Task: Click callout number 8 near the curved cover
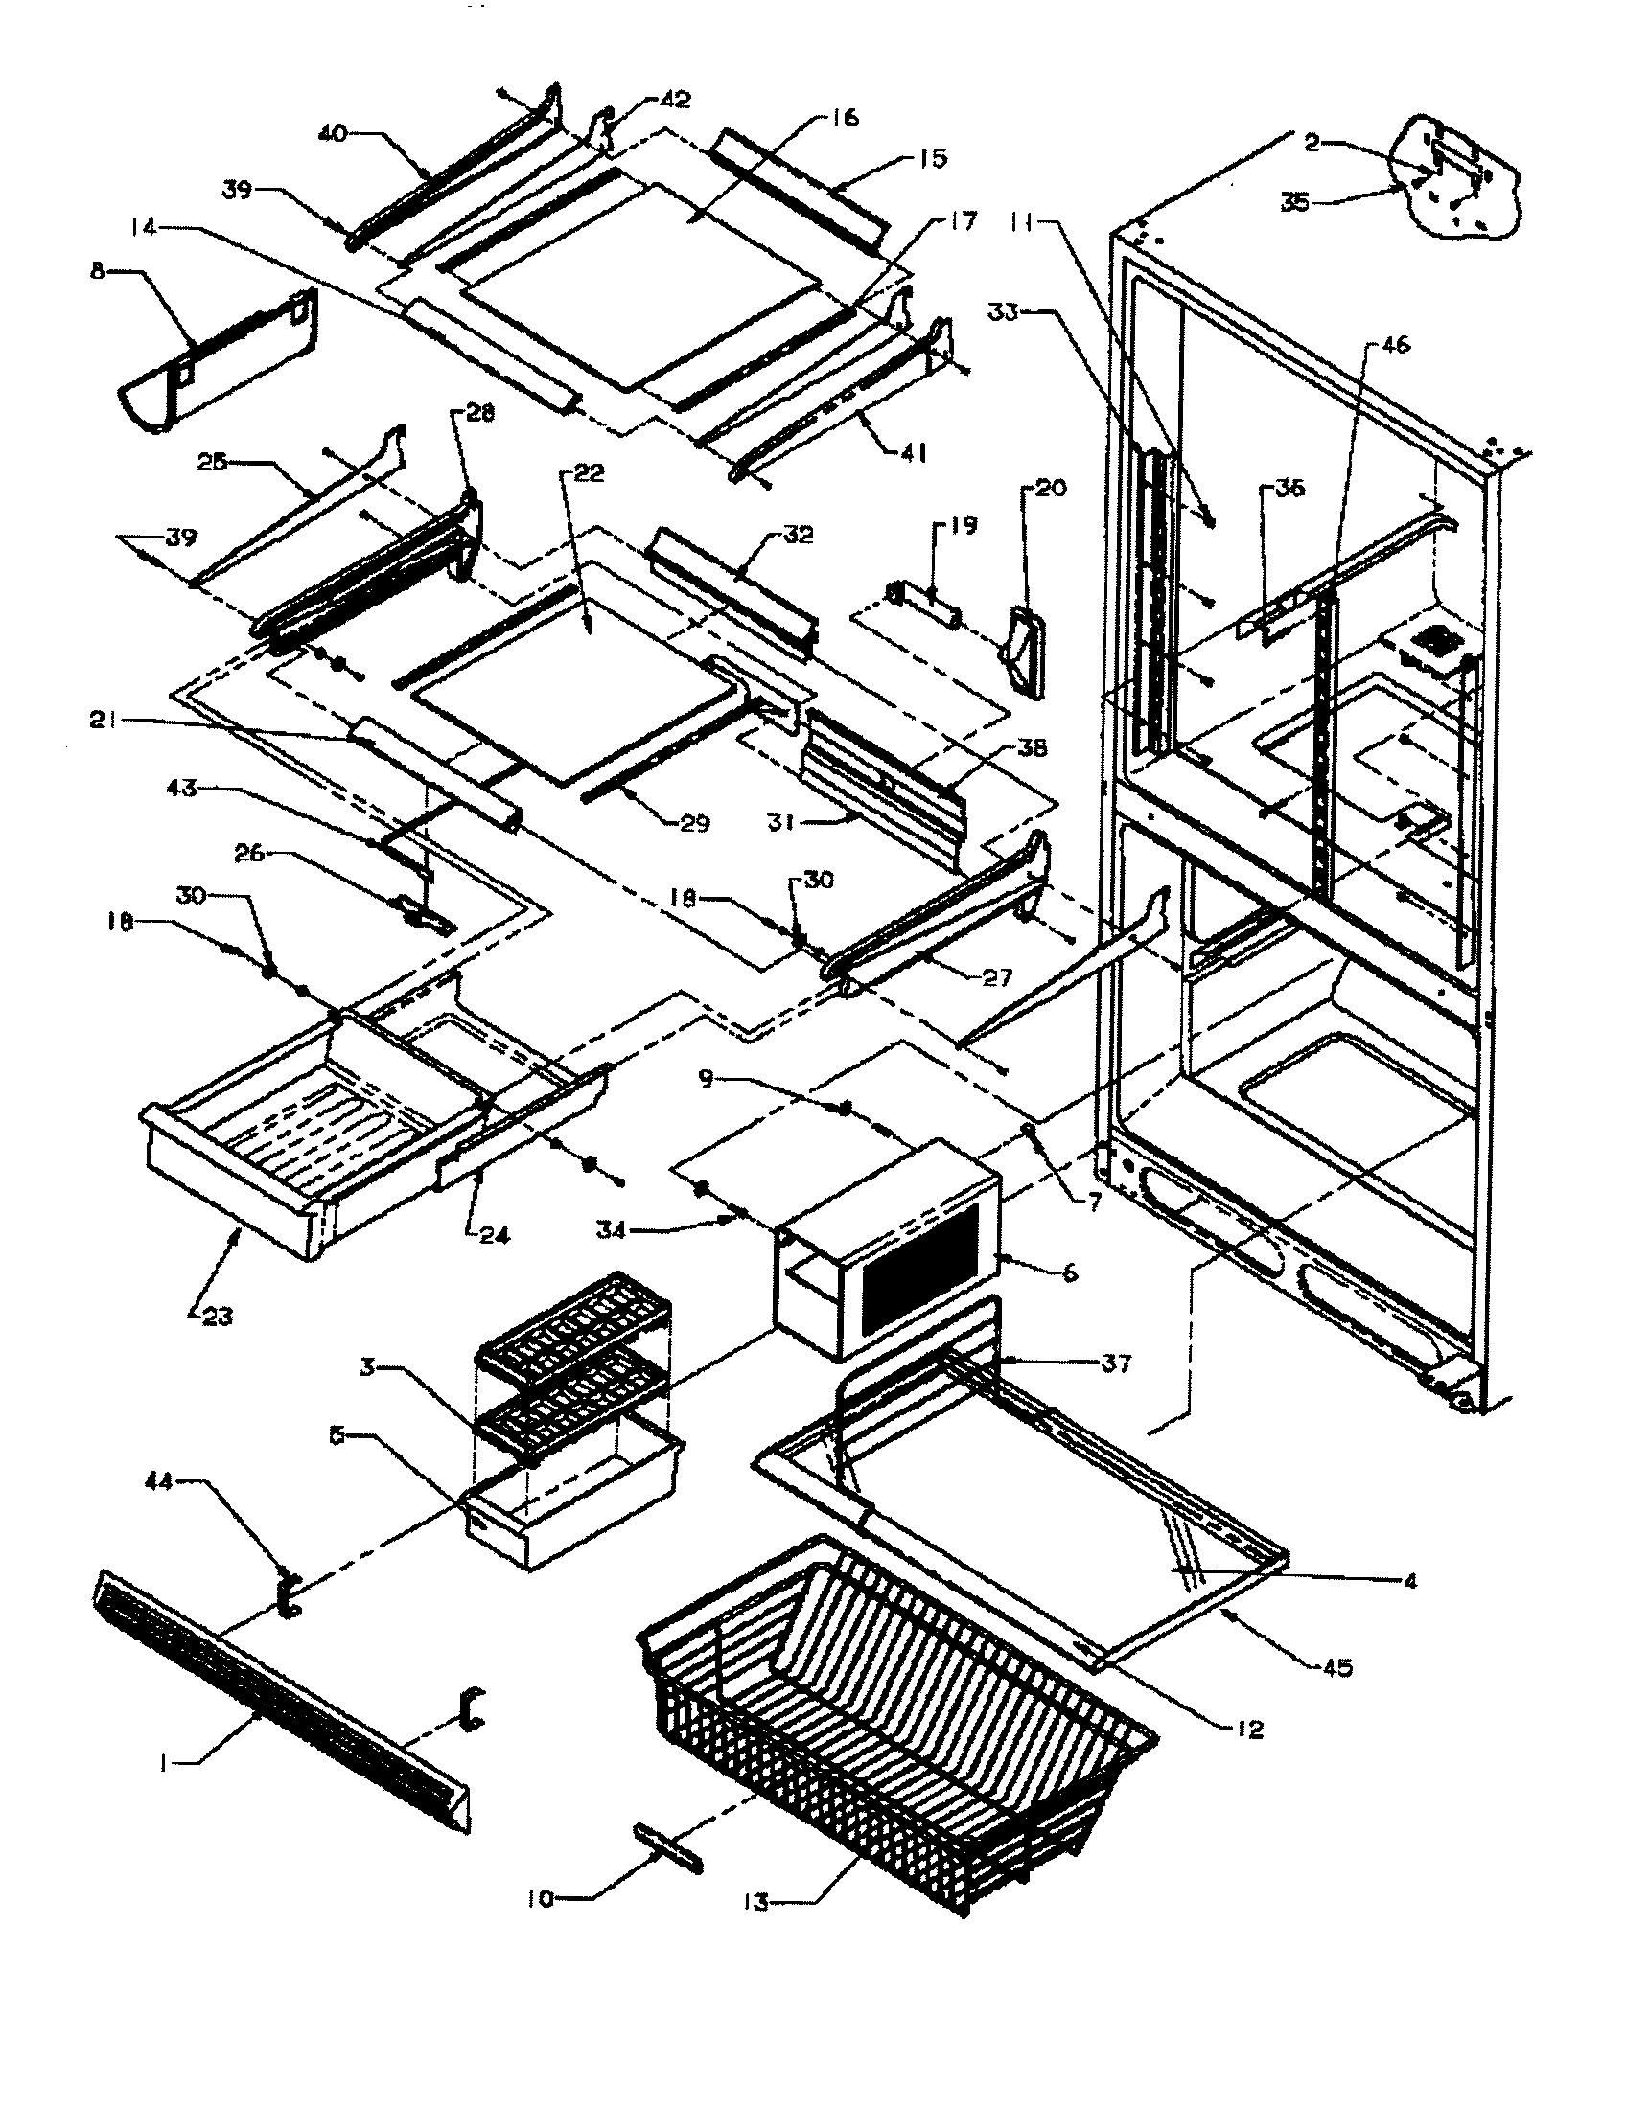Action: click(98, 271)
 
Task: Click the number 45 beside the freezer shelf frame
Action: click(1338, 1667)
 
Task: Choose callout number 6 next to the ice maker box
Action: click(1070, 1274)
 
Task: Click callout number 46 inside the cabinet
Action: click(1396, 345)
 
